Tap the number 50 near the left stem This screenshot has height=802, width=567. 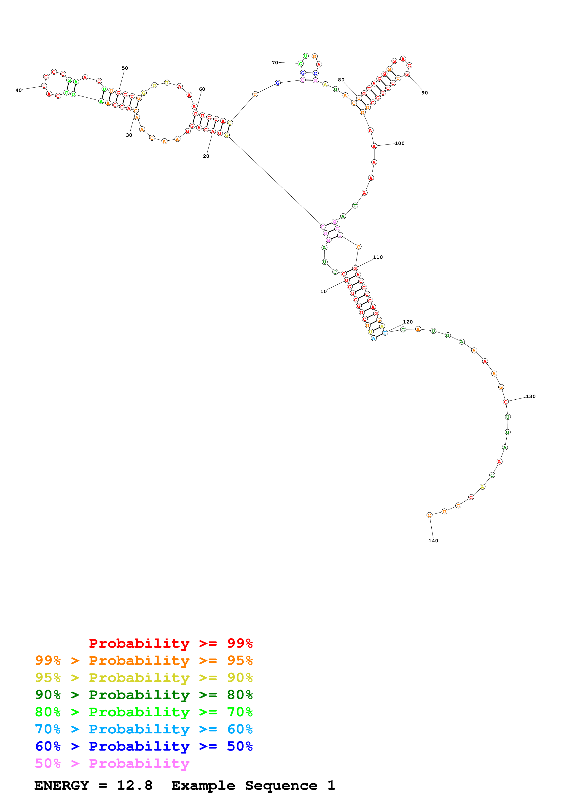tap(125, 68)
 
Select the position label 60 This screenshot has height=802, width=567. tap(202, 89)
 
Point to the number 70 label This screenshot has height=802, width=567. tap(275, 62)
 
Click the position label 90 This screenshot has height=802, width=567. tap(425, 93)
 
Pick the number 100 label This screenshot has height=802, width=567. tap(399, 143)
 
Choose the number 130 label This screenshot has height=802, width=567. tap(530, 396)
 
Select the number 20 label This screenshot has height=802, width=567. tap(206, 156)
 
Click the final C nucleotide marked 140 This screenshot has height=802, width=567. tap(429, 515)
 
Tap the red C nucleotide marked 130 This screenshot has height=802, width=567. tap(505, 402)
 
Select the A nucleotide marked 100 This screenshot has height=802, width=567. tap(374, 146)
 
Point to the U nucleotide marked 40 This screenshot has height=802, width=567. tap(44, 86)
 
